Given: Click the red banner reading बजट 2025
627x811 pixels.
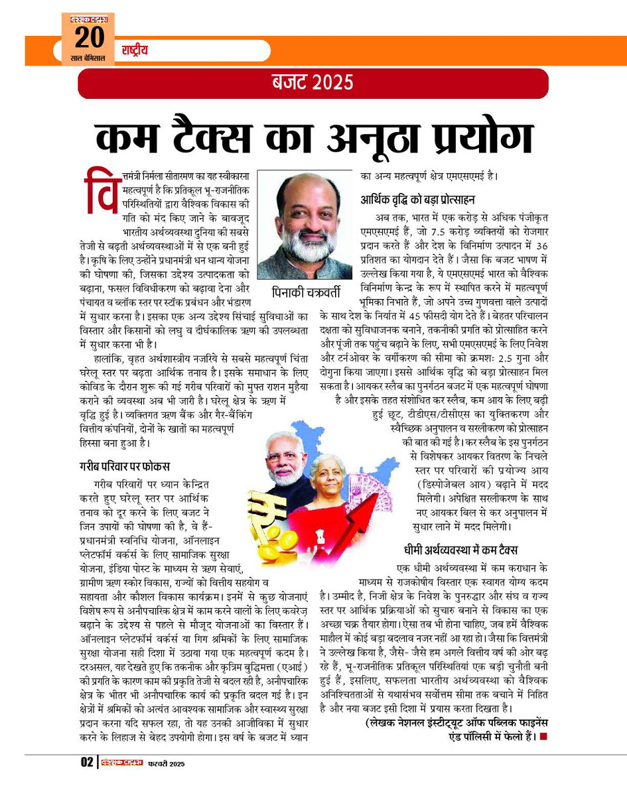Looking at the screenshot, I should tap(313, 83).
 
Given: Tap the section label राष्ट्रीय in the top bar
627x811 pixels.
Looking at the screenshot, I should tap(135, 50).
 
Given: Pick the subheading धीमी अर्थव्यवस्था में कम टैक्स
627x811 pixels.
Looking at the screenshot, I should tap(460, 550).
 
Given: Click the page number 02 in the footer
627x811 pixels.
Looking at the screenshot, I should tap(87, 762).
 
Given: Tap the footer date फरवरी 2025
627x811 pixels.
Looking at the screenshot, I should tap(167, 763).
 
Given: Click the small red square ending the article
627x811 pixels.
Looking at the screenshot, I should tap(543, 735).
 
